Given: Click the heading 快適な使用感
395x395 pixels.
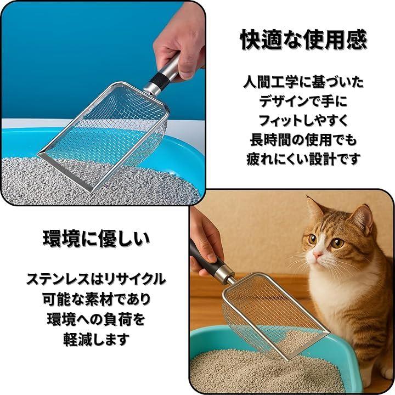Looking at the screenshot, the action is pyautogui.click(x=303, y=40).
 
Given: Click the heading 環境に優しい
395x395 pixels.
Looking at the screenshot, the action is pyautogui.click(x=96, y=239).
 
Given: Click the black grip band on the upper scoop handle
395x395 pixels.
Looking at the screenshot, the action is pyautogui.click(x=159, y=81).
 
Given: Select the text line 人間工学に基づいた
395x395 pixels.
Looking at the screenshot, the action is pyautogui.click(x=303, y=82).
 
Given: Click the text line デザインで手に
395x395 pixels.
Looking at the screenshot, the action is pyautogui.click(x=303, y=101).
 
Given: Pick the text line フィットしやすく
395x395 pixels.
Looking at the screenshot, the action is pyautogui.click(x=303, y=120).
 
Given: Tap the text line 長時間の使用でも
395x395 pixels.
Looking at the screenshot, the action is pyautogui.click(x=303, y=139).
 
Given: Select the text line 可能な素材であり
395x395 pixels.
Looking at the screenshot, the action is pyautogui.click(x=96, y=299).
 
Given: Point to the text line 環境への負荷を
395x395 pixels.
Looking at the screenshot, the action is pyautogui.click(x=96, y=319).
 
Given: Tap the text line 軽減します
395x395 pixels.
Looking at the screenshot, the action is pyautogui.click(x=96, y=339).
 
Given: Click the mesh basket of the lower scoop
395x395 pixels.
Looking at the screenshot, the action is pyautogui.click(x=275, y=315).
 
